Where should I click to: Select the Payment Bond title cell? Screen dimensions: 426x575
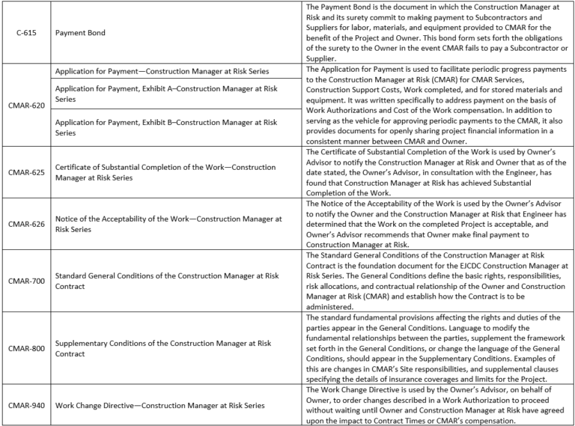(80, 33)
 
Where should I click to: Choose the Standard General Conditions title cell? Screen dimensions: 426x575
(166, 281)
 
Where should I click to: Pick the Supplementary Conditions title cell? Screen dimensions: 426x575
(163, 348)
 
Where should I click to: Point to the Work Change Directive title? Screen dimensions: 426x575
(159, 405)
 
